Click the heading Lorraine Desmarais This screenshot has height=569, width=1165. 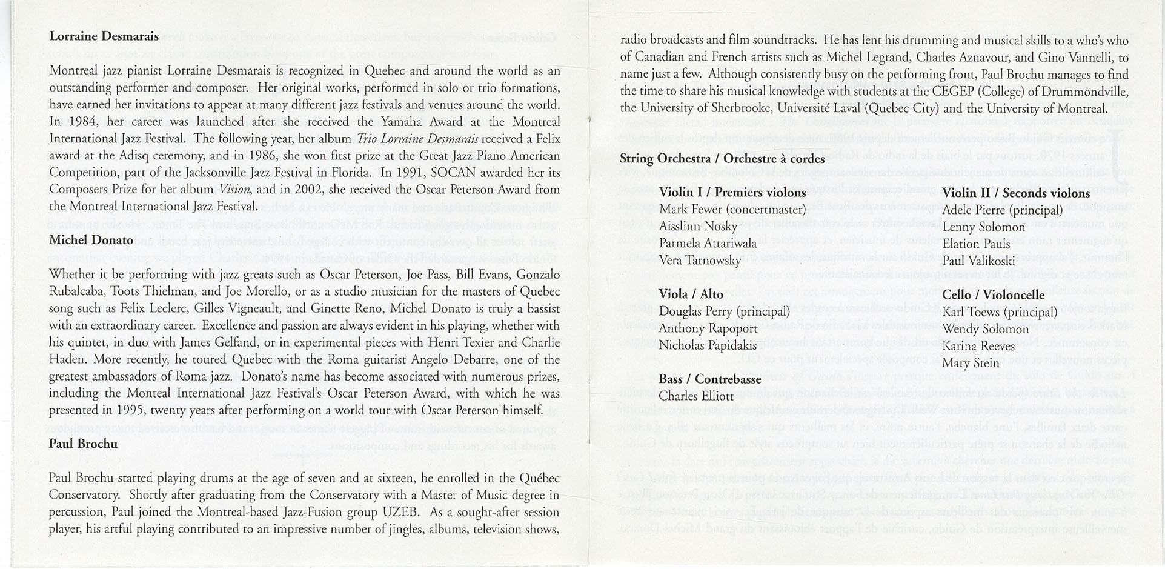tap(104, 36)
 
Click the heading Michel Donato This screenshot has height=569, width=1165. tap(91, 240)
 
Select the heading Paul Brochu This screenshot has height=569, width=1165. tap(83, 444)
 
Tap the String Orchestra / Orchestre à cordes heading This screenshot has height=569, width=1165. tap(722, 159)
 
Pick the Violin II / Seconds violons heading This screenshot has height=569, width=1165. tap(1016, 193)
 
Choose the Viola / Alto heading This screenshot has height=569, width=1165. tap(691, 294)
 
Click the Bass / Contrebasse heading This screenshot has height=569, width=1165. tap(709, 379)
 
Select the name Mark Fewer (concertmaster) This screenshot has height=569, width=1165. tap(732, 210)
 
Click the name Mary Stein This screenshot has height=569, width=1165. tap(971, 363)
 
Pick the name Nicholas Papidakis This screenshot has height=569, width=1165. tap(707, 345)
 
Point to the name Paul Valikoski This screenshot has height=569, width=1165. tap(978, 261)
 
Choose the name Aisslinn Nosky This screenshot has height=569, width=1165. tap(698, 227)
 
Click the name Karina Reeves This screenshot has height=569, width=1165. tap(978, 346)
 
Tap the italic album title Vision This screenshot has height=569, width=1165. tap(234, 189)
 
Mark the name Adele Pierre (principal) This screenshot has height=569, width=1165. tap(1003, 210)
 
